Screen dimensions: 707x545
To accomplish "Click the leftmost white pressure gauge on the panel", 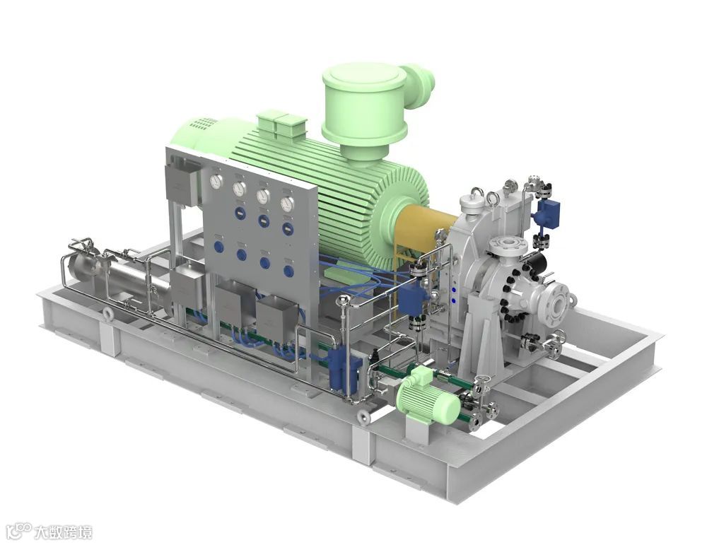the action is coord(216,182).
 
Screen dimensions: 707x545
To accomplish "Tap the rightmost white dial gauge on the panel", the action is coord(287,204).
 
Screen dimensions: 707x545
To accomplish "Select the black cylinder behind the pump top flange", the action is coord(537,262).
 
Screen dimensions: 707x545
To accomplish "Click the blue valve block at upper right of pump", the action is coord(549,211).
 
